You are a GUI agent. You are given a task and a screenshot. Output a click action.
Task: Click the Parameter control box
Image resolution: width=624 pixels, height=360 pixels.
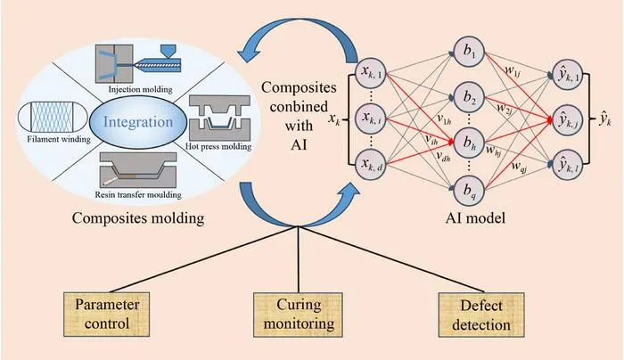click(x=107, y=315)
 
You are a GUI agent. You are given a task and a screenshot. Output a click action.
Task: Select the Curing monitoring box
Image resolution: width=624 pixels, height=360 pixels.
click(x=298, y=315)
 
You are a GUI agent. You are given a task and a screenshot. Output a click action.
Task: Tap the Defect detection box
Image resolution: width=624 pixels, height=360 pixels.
click(x=481, y=315)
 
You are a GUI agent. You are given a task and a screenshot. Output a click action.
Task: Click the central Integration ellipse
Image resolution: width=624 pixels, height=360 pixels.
click(x=138, y=122)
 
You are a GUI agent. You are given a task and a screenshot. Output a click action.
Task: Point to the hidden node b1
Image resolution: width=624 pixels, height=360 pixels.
click(x=468, y=52)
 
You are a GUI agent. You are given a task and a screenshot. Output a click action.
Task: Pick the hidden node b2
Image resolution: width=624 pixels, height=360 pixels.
click(x=468, y=97)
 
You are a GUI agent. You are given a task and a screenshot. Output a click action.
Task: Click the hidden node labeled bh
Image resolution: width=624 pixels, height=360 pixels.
click(x=468, y=142)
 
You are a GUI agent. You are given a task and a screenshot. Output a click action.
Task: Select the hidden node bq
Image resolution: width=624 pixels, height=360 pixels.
click(x=468, y=190)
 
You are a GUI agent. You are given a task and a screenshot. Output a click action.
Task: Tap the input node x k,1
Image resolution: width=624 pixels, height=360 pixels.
click(x=371, y=73)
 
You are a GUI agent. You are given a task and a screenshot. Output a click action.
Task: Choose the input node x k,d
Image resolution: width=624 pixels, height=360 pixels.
click(x=371, y=165)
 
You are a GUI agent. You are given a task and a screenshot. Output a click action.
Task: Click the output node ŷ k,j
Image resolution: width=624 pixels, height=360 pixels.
click(x=568, y=119)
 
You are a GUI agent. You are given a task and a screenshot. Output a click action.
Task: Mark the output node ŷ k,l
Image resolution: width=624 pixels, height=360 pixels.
click(x=568, y=165)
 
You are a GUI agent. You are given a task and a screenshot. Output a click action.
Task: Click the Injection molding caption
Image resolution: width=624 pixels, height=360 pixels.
click(x=141, y=89)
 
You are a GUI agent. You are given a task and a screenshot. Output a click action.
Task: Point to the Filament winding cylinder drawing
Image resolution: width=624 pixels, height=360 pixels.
click(x=53, y=118)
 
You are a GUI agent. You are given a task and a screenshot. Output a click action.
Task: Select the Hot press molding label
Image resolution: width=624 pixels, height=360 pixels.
click(x=218, y=146)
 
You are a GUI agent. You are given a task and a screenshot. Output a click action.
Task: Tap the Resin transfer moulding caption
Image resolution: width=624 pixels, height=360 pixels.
click(x=138, y=195)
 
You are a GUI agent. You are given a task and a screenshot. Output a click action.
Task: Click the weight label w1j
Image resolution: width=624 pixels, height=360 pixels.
click(x=513, y=70)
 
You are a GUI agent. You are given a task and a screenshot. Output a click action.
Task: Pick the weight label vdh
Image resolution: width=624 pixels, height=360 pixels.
click(x=443, y=157)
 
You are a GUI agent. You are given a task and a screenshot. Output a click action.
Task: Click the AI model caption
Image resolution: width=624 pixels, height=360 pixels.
click(x=475, y=217)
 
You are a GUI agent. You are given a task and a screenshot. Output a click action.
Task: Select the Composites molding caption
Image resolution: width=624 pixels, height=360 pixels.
click(x=138, y=218)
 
